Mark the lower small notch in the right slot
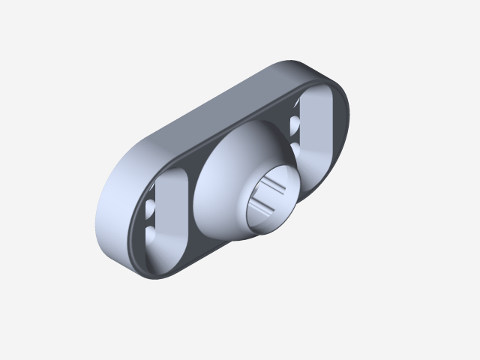[x=295, y=150]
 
